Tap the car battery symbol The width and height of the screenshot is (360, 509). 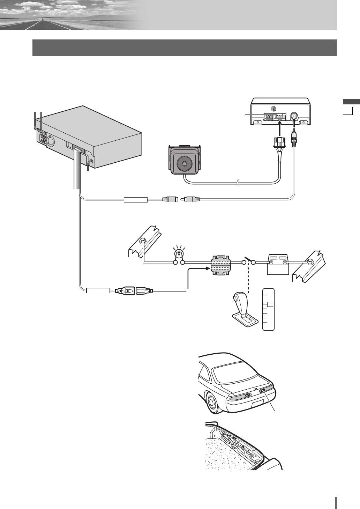(278, 265)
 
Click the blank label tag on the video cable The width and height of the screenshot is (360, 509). (136, 200)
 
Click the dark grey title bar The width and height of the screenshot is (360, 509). (185, 47)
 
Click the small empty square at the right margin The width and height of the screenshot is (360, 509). (348, 111)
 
